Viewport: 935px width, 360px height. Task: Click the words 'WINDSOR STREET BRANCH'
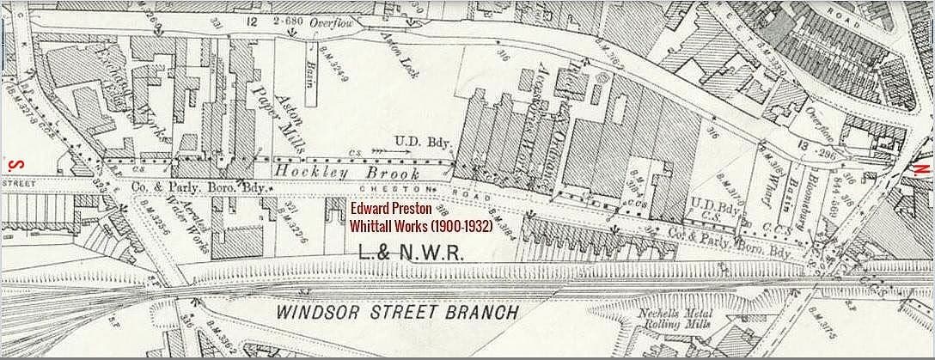(x=397, y=311)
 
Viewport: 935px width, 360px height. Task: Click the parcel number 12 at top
(x=252, y=21)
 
